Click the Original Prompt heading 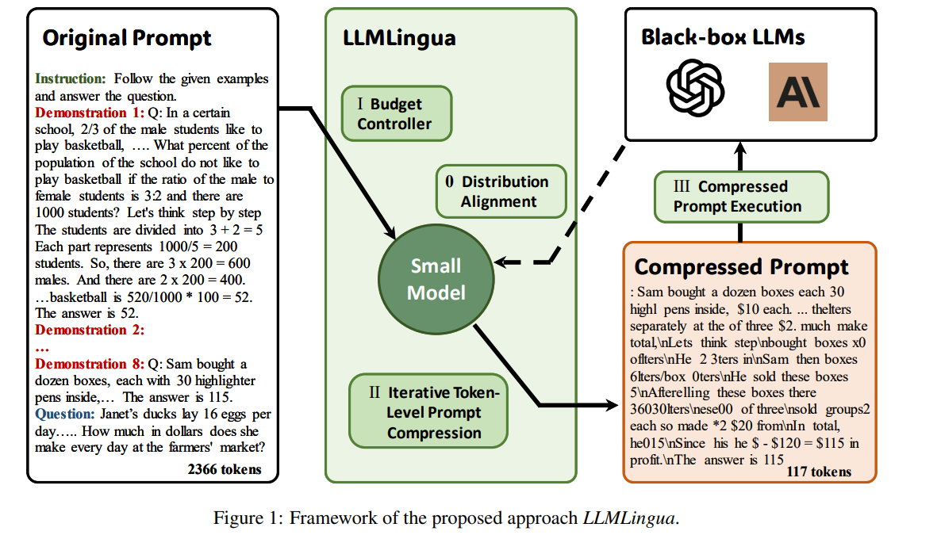127,37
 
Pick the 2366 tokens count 224,469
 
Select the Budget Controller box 396,113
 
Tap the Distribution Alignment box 502,192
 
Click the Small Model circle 436,279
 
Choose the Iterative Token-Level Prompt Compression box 428,412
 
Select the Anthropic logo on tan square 797,92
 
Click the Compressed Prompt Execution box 741,197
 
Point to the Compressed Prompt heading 741,266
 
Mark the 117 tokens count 819,472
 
